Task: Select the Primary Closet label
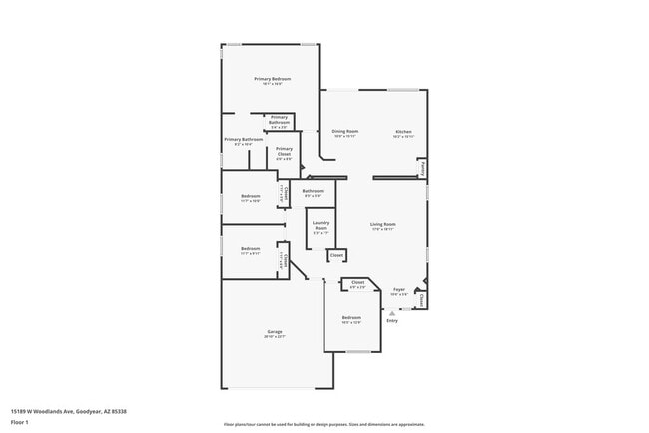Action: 284,152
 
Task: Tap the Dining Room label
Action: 345,131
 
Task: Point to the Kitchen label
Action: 403,131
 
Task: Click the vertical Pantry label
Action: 423,169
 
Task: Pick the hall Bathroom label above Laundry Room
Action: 314,190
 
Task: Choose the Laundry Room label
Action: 321,225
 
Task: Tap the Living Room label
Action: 383,224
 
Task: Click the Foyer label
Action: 398,289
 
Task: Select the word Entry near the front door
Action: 392,320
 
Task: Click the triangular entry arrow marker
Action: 392,311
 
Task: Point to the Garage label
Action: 274,331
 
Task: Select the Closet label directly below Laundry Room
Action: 337,255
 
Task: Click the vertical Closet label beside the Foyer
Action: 423,298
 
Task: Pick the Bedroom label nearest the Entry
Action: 351,317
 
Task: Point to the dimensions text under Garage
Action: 274,337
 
